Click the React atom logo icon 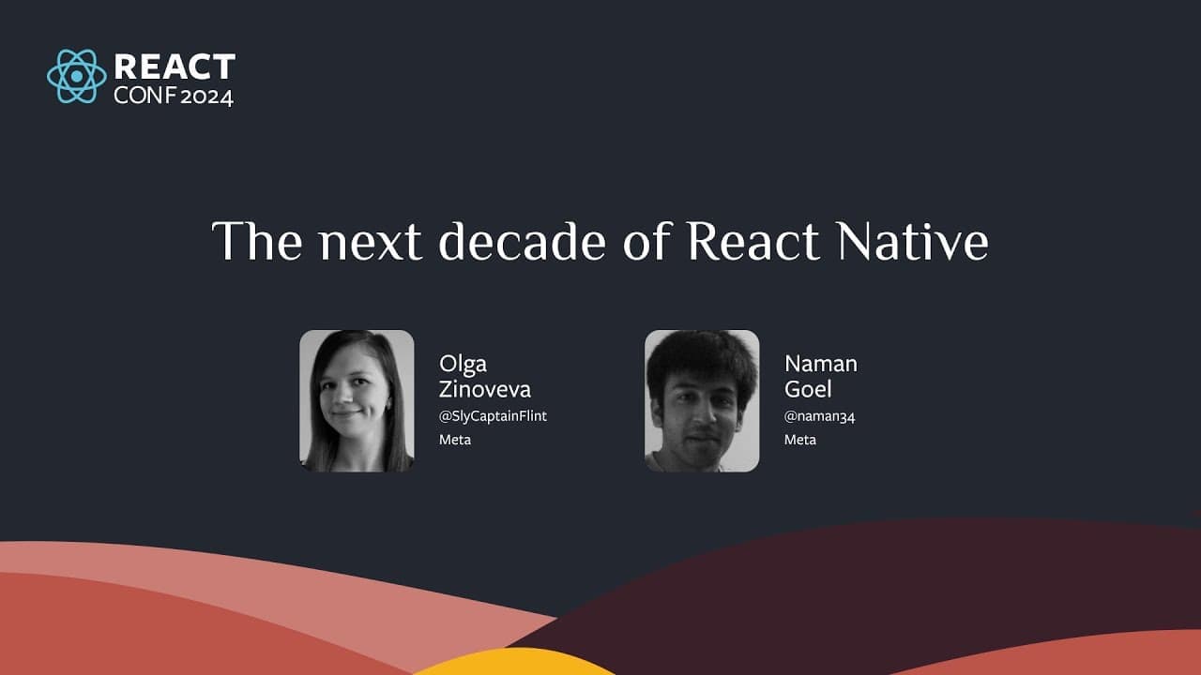pos(77,76)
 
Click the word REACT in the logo pos(175,67)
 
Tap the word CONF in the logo pos(144,96)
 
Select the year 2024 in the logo pos(207,97)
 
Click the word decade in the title pos(523,241)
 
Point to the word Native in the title pos(913,241)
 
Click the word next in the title pos(371,244)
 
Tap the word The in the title pos(257,241)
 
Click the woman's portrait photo pos(357,400)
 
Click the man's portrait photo pos(702,400)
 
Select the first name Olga pos(463,365)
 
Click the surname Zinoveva pos(485,389)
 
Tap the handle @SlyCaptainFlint pos(493,416)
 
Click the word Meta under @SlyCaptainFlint pos(455,440)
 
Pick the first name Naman pos(821,365)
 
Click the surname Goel pos(808,389)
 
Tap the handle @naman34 pos(819,417)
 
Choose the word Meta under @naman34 pos(800,440)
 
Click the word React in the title pos(753,241)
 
